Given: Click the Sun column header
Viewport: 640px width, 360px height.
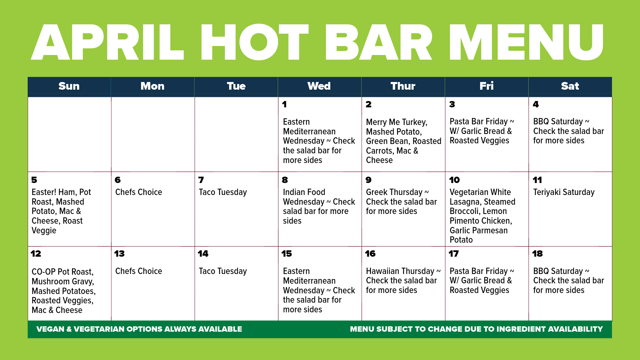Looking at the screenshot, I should coord(69,86).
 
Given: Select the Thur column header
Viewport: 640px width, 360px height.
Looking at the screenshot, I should coord(403,86).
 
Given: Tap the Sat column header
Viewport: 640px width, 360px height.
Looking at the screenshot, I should coord(570,86).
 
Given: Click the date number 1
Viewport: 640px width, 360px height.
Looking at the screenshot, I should coord(284,104).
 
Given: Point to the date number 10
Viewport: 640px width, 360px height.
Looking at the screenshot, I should coord(454,180).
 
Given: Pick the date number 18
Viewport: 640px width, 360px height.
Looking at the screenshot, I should coord(537,254).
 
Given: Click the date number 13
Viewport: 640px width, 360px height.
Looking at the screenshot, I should coord(119,254).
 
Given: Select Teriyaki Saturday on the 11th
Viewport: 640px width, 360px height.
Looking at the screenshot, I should coord(564,192).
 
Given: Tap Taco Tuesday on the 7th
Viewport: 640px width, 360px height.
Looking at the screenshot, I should coord(223,192).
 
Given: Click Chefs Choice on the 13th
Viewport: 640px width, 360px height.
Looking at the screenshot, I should coord(139,271).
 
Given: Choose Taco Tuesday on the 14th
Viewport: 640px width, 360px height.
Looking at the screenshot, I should coord(223,271).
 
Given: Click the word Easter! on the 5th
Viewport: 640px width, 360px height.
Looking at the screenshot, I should coord(44,192).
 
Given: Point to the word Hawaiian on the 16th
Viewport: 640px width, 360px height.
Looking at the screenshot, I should coord(383,271).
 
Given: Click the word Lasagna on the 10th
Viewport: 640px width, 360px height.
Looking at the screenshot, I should coord(465,202).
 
